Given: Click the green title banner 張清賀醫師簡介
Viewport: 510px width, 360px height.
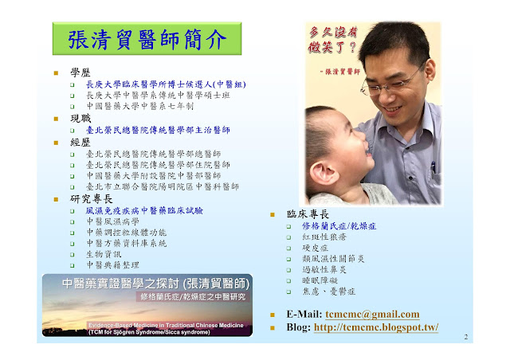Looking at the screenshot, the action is coord(147,39).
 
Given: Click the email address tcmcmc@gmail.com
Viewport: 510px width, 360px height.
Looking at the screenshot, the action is coord(372,314).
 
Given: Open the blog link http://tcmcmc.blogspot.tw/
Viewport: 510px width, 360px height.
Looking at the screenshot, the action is coord(376,327).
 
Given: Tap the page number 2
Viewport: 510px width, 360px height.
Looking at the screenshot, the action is coord(466,337).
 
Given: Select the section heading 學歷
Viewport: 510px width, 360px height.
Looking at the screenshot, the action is coord(80,72).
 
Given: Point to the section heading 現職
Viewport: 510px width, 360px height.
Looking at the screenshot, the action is coord(80,118).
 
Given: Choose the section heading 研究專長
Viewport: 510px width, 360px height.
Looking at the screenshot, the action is coord(91,198).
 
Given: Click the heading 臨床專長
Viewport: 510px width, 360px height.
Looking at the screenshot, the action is coord(308,214).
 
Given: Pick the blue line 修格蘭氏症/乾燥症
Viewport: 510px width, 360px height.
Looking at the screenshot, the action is coord(339,226).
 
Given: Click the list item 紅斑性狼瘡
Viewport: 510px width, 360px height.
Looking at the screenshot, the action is coord(324,237).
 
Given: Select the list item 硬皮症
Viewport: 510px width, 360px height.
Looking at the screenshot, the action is coord(315,248).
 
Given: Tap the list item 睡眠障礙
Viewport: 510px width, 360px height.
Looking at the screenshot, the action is coord(320,280).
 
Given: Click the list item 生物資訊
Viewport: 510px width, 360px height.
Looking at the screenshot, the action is coord(104,254).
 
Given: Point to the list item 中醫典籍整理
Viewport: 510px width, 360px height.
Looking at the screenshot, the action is coord(112,264).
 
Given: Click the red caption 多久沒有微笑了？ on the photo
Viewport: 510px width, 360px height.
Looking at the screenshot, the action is coord(333,40).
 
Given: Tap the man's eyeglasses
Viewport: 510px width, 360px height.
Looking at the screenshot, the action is coord(390,81).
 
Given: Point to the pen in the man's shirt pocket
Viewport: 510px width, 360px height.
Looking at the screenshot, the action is coord(433,169).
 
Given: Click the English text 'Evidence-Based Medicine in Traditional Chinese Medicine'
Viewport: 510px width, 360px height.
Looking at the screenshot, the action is coord(166,325).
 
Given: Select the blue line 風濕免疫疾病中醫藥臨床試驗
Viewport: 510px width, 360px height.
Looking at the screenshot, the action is coord(144,211).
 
